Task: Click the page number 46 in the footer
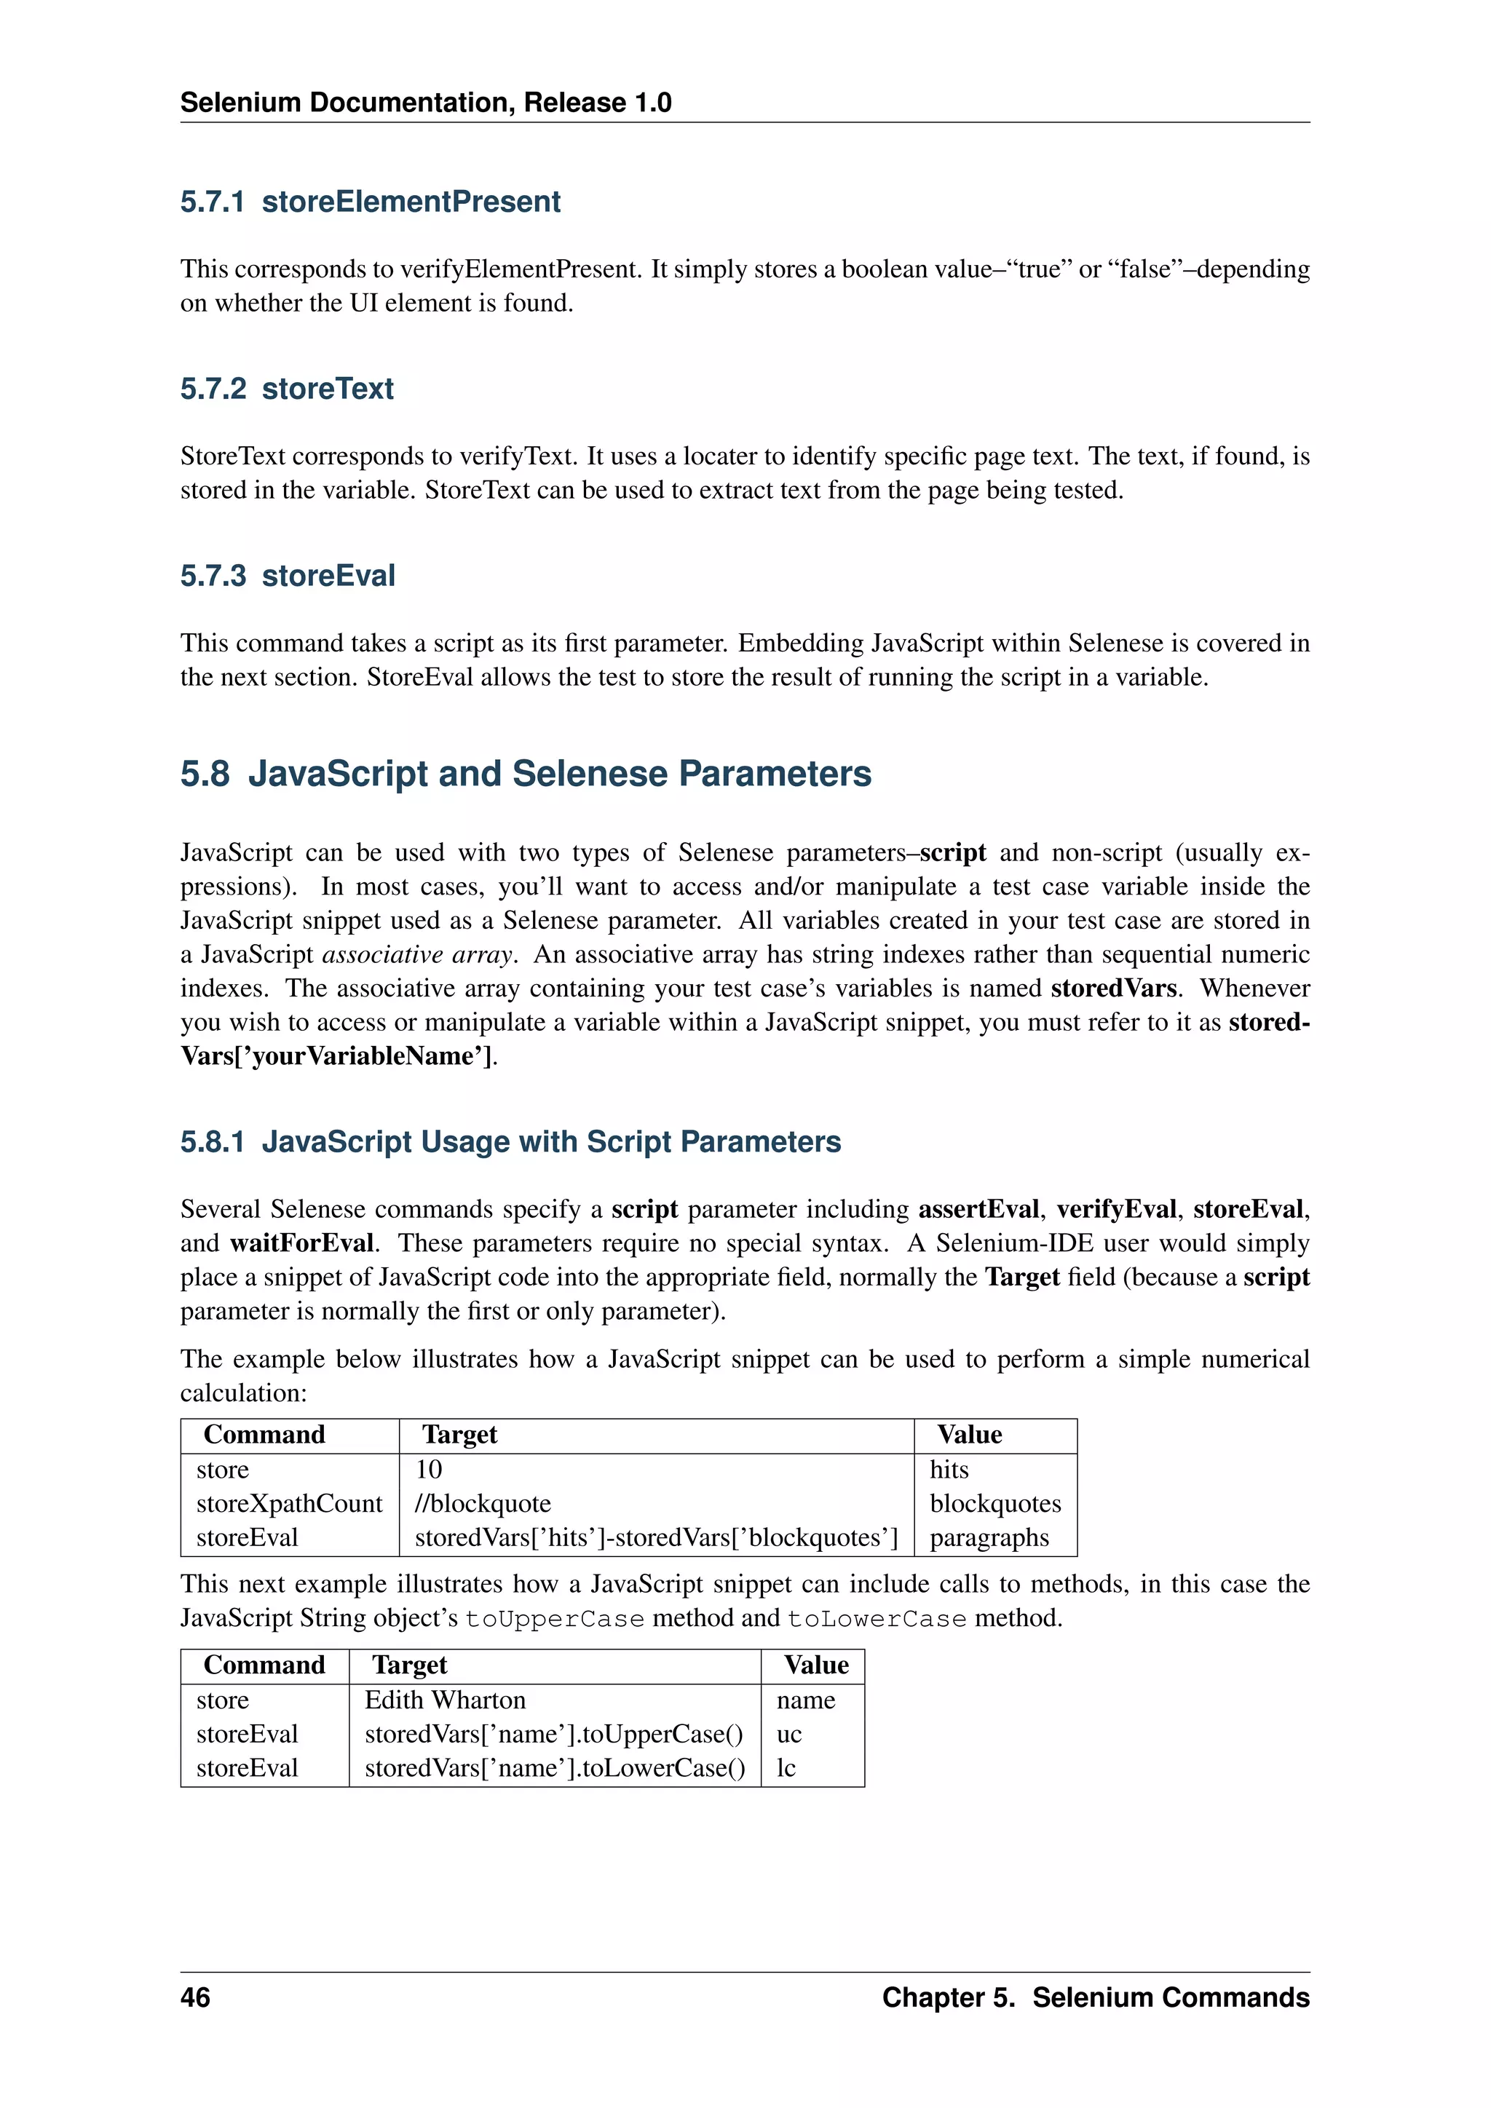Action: coord(194,1997)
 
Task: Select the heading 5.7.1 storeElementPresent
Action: coord(370,201)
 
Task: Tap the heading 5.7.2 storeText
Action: coord(286,389)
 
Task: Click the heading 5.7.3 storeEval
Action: coord(288,576)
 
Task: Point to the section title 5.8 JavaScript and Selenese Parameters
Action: coord(525,773)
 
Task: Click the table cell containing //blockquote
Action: coord(483,1503)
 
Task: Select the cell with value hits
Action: coord(949,1469)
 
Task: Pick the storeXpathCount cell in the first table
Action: coord(289,1503)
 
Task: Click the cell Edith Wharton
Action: coord(446,1700)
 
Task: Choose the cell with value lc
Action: coord(786,1767)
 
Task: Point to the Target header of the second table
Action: coord(409,1665)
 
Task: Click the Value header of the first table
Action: coord(970,1434)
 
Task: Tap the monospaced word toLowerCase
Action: coord(877,1619)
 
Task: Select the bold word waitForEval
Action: coord(301,1243)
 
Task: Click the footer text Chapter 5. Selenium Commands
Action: coord(1095,1997)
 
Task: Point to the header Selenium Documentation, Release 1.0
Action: coord(425,102)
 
